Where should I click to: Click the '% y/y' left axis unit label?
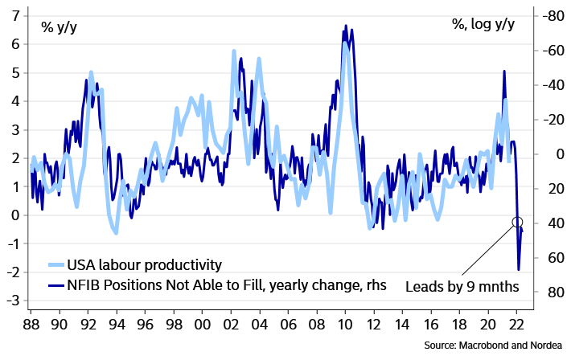60,27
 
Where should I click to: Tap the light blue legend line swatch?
56,264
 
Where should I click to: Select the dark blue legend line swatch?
56,285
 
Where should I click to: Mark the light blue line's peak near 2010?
345,43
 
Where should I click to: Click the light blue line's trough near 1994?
117,233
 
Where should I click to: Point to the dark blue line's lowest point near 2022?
520,270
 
